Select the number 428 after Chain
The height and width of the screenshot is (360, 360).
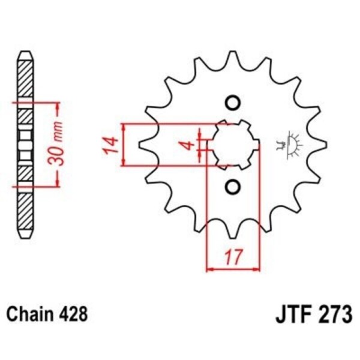pyautogui.click(x=74, y=313)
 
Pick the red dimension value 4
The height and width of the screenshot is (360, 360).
pyautogui.click(x=188, y=145)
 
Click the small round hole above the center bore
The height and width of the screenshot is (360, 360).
pyautogui.click(x=232, y=102)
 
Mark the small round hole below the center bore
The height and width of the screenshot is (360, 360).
pyautogui.click(x=232, y=187)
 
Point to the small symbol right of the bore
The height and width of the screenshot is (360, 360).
pyautogui.click(x=289, y=144)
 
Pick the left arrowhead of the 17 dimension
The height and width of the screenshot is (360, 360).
pyautogui.click(x=209, y=268)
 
